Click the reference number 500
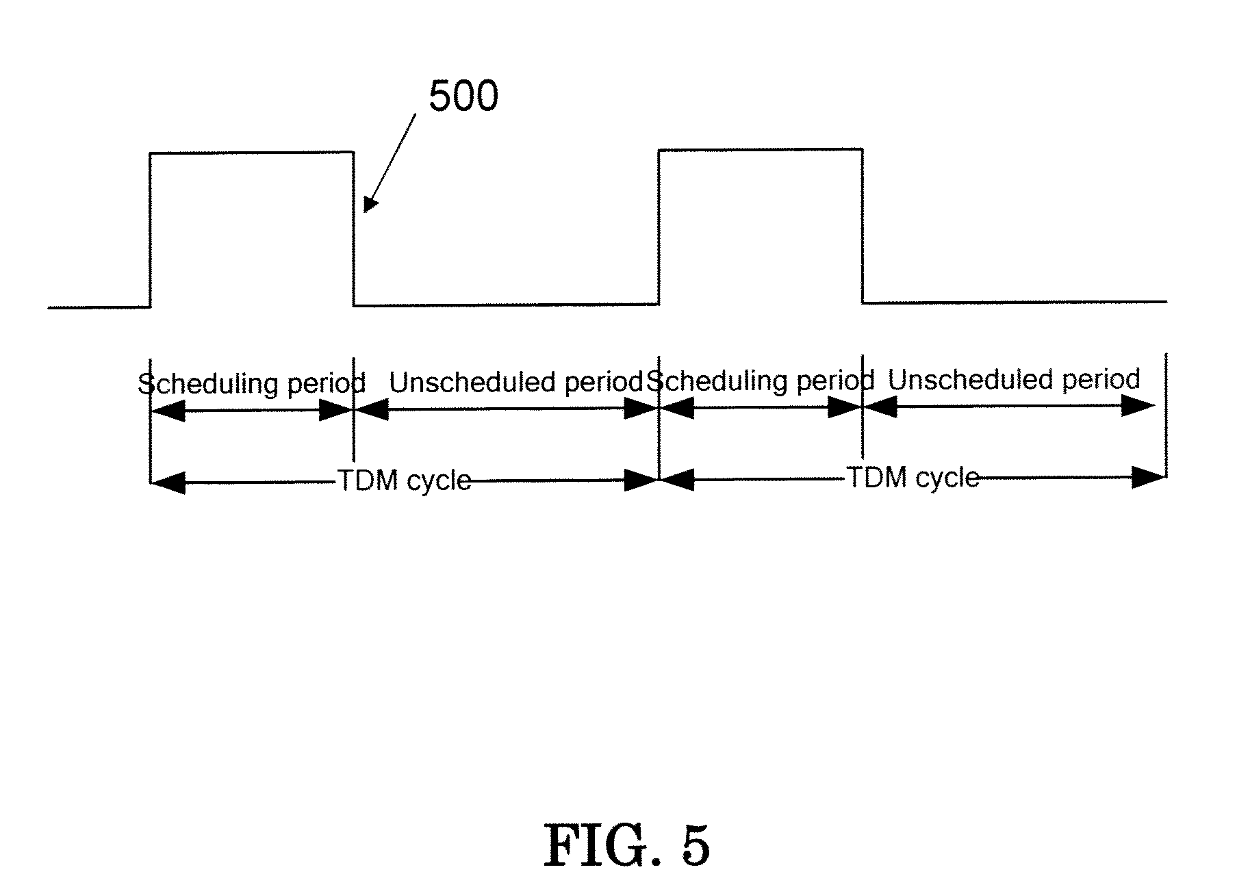[x=463, y=97]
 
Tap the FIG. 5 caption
[x=626, y=846]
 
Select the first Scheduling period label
[x=252, y=383]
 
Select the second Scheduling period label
[x=761, y=381]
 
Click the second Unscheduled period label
[x=1014, y=379]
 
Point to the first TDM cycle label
[x=405, y=480]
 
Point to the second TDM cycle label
[x=913, y=477]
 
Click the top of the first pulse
[x=252, y=153]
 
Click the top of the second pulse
[x=760, y=149]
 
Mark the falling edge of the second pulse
[x=863, y=226]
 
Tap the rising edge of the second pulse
[x=659, y=227]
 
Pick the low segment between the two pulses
[x=507, y=305]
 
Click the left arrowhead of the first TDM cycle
[x=166, y=483]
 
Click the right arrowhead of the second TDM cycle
[x=1149, y=477]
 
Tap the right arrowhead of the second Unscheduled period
[x=1138, y=406]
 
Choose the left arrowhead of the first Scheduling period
[x=166, y=411]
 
